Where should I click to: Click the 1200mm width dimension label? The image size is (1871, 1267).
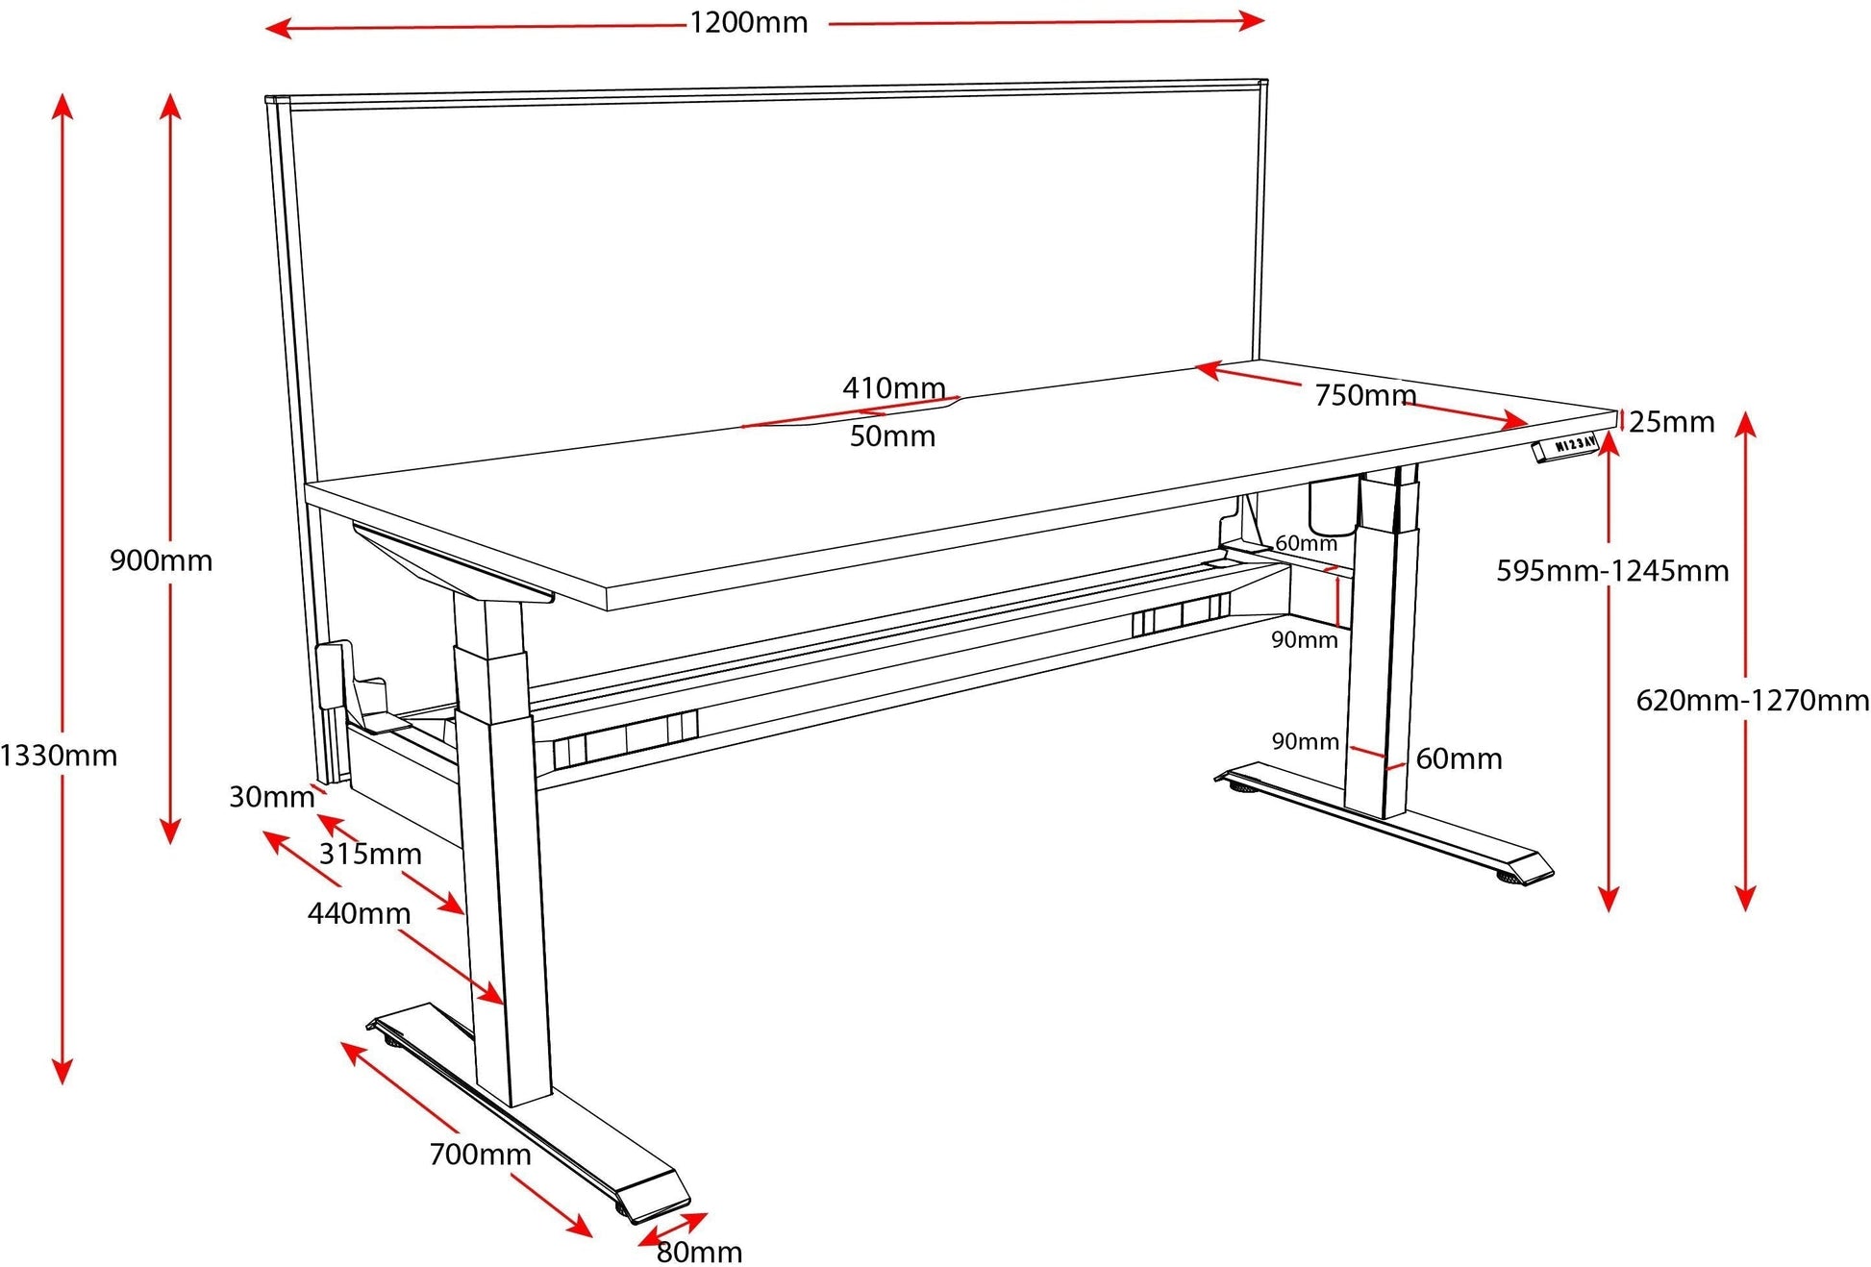[x=748, y=22]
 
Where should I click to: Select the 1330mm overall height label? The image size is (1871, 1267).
[x=58, y=756]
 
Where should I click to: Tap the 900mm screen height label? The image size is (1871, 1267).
[x=161, y=559]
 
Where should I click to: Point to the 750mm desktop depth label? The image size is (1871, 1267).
[x=1364, y=394]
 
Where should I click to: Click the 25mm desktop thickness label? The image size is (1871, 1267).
[x=1672, y=421]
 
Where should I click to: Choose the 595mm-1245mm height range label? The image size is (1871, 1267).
[x=1611, y=571]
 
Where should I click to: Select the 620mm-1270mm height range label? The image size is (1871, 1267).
[x=1752, y=700]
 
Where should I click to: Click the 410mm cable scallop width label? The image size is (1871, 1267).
[x=893, y=387]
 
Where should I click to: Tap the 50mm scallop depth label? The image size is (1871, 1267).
[x=892, y=435]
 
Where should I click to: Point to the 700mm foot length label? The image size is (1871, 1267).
[x=480, y=1154]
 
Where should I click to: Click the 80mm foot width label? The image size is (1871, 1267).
[x=699, y=1252]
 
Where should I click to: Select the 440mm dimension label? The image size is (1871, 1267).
[x=359, y=912]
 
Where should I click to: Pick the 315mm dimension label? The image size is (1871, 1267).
[x=370, y=853]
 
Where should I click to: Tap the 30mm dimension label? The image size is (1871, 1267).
[x=271, y=796]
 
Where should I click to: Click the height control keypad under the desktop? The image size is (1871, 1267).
[x=1565, y=448]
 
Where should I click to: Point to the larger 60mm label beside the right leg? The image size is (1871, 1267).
[x=1459, y=758]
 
